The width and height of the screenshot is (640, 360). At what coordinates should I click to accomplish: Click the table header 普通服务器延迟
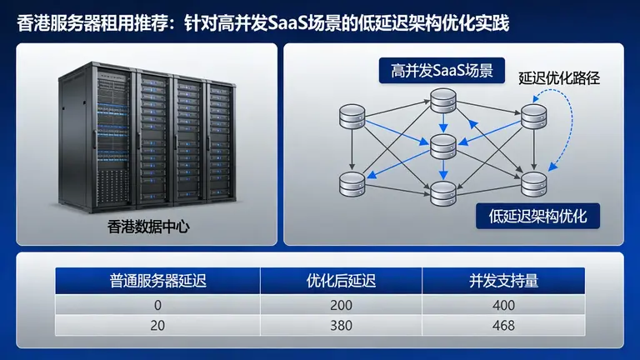click(x=157, y=280)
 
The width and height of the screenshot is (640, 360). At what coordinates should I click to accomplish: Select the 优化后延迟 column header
click(x=341, y=280)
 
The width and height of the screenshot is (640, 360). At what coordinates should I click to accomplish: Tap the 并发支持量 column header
click(x=503, y=280)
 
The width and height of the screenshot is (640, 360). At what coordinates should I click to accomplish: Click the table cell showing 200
click(x=341, y=305)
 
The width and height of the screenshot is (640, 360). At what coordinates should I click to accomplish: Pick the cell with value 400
click(x=503, y=305)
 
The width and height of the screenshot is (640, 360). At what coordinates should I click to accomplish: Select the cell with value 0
click(x=157, y=305)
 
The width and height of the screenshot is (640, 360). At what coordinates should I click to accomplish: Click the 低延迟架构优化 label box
click(x=537, y=217)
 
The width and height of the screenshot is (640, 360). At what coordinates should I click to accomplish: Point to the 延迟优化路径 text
click(x=559, y=80)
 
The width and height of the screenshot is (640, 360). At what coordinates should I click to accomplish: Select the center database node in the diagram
click(x=442, y=146)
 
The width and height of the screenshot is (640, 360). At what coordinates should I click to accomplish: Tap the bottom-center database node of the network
click(x=442, y=192)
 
